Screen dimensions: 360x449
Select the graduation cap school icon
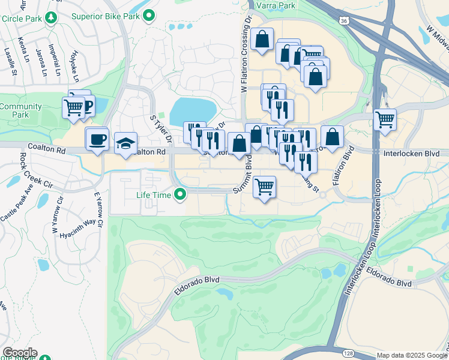(x=126, y=143)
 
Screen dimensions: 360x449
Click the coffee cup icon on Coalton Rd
(x=97, y=140)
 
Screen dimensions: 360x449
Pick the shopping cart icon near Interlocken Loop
(x=385, y=119)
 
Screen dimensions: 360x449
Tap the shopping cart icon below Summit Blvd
(x=264, y=187)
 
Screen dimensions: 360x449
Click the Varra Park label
(x=276, y=5)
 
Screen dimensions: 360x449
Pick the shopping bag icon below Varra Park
(x=262, y=40)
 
